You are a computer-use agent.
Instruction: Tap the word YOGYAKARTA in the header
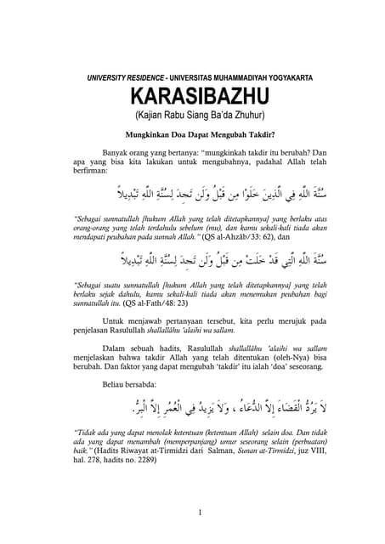285,77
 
